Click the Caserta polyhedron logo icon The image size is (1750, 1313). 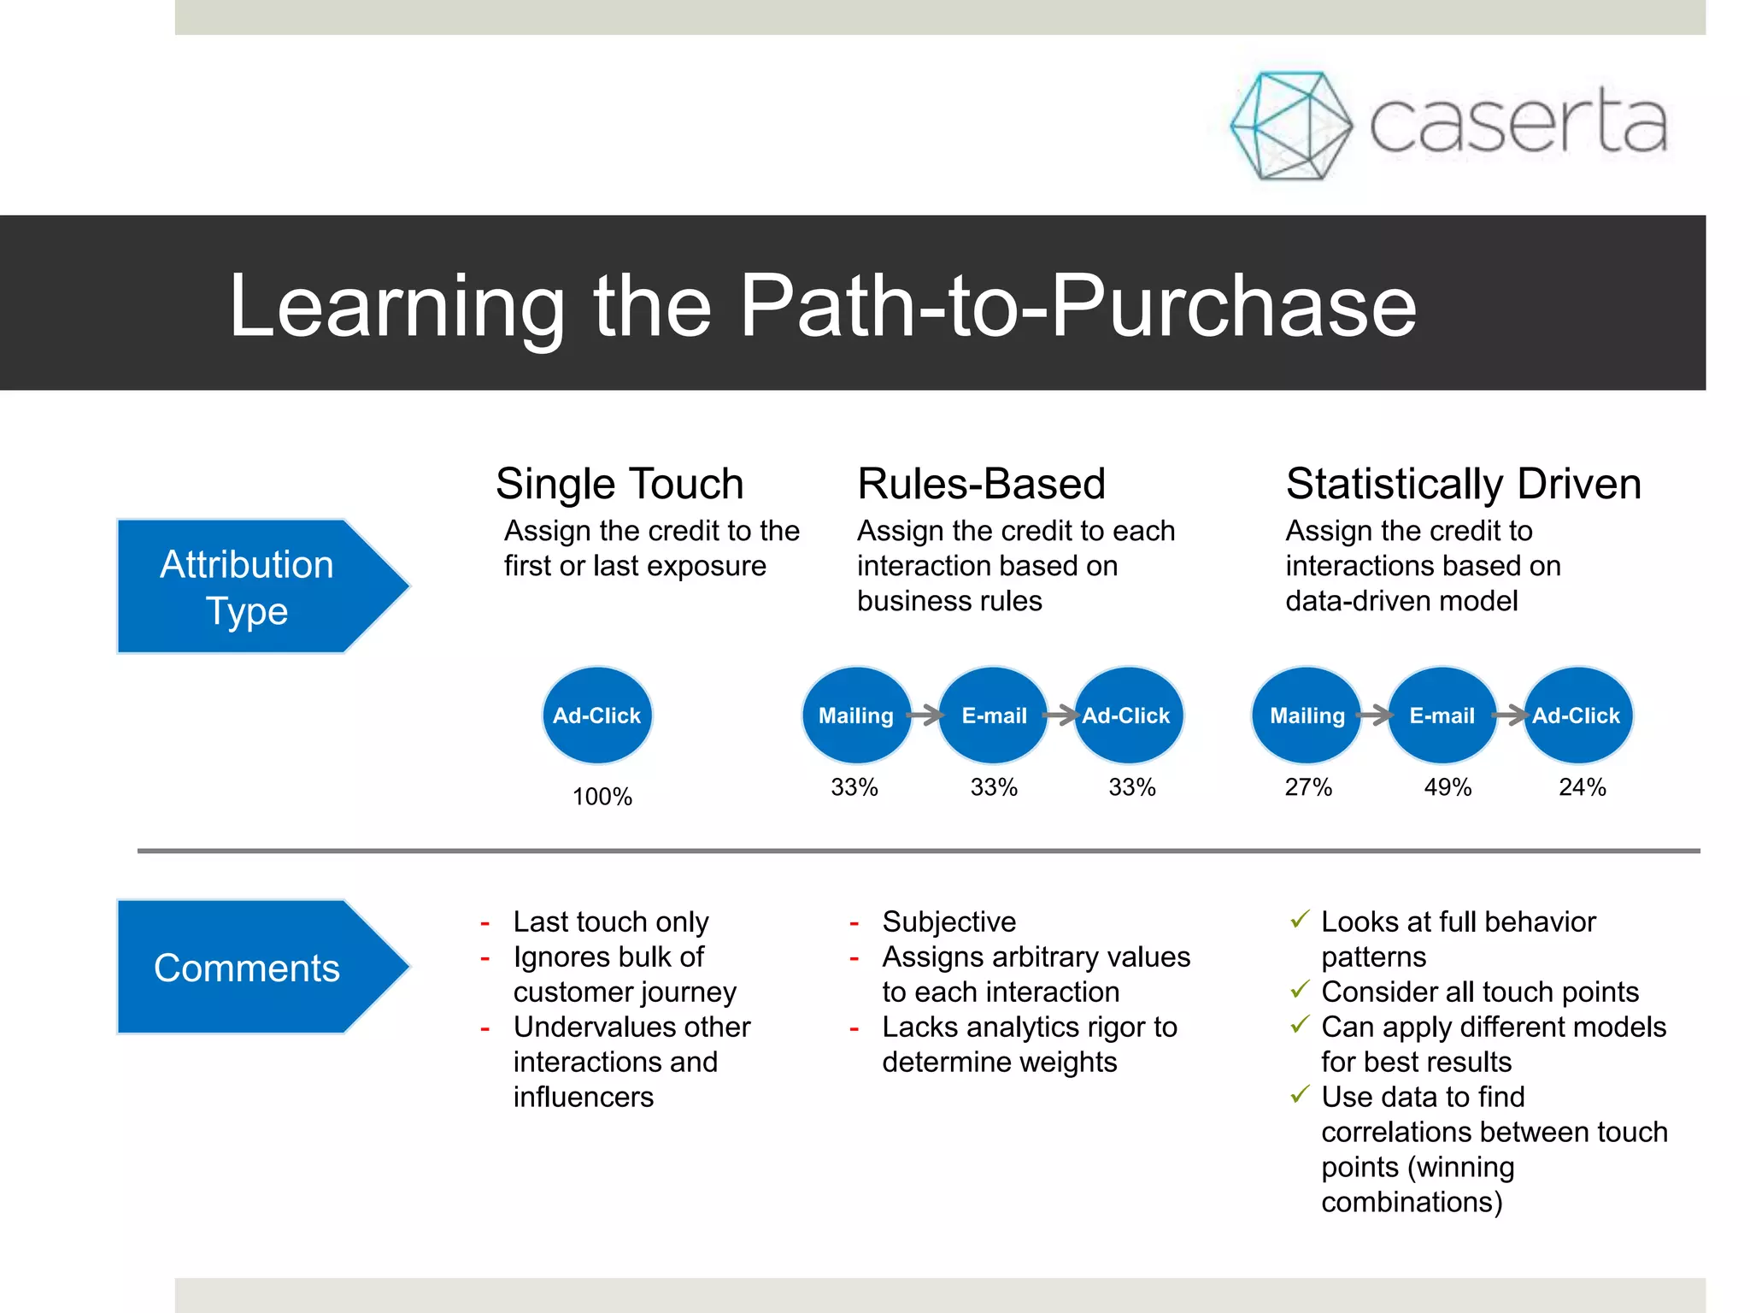click(x=1290, y=126)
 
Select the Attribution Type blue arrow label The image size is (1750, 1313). click(x=248, y=587)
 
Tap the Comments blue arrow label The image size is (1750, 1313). click(x=248, y=968)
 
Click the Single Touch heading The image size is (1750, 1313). click(x=620, y=484)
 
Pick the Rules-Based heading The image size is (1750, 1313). click(x=981, y=484)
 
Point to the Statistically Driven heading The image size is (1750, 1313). click(x=1463, y=484)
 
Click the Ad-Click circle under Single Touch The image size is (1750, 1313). click(x=596, y=715)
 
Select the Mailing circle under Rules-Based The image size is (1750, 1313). click(x=856, y=715)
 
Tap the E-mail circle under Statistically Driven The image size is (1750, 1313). click(x=1442, y=715)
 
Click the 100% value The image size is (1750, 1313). click(x=602, y=797)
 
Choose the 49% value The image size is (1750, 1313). click(x=1447, y=787)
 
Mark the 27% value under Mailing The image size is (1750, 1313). click(x=1308, y=787)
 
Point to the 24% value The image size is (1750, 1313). click(x=1582, y=787)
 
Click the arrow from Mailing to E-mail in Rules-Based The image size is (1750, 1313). click(x=925, y=715)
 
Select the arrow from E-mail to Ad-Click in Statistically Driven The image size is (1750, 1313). click(x=1511, y=715)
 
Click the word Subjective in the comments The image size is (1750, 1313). click(x=948, y=921)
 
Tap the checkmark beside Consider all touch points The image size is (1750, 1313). click(x=1300, y=990)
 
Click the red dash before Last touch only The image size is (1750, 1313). click(x=484, y=924)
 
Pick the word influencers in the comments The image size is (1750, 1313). click(x=584, y=1097)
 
